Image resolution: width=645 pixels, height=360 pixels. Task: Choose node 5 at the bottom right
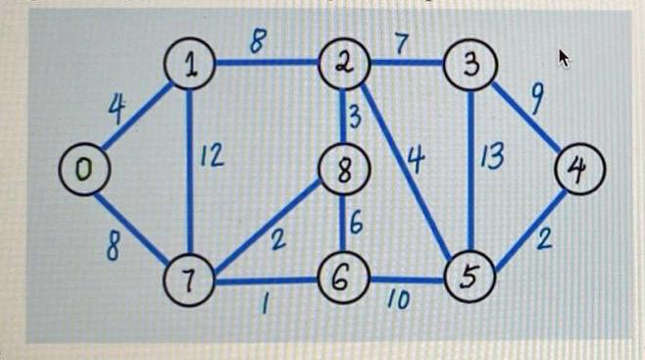coord(470,278)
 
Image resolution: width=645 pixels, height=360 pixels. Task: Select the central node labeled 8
coord(342,172)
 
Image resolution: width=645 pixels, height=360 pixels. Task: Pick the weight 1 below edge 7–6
coord(264,306)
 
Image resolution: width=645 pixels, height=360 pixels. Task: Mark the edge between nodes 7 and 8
coord(265,228)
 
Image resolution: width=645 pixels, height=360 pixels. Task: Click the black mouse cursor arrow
coord(564,58)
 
